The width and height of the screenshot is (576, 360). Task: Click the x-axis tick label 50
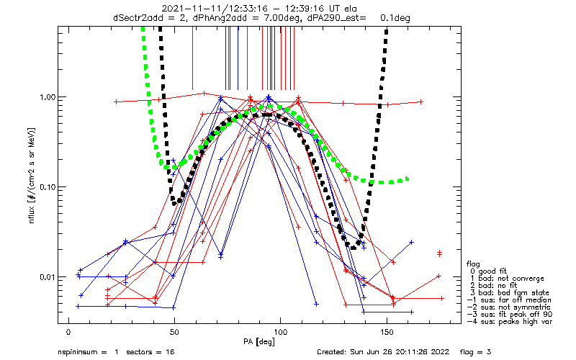pyautogui.click(x=174, y=332)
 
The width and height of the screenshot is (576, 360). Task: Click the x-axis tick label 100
pyautogui.click(x=281, y=332)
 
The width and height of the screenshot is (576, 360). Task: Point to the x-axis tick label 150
pyautogui.click(x=387, y=332)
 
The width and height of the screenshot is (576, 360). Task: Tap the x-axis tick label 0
pyautogui.click(x=68, y=332)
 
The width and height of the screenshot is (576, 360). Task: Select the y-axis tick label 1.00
pyautogui.click(x=47, y=97)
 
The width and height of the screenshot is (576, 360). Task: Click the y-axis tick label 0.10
pyautogui.click(x=47, y=187)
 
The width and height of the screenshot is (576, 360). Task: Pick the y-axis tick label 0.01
pyautogui.click(x=47, y=277)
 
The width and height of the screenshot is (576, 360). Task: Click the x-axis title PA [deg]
pyautogui.click(x=259, y=342)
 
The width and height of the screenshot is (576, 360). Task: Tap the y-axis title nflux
pyautogui.click(x=32, y=215)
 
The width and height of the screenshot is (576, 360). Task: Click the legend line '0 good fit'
pyautogui.click(x=488, y=271)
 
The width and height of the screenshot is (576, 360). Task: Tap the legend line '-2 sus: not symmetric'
pyautogui.click(x=509, y=307)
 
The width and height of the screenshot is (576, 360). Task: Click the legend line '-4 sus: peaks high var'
pyautogui.click(x=510, y=322)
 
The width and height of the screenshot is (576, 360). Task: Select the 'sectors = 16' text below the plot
pyautogui.click(x=150, y=352)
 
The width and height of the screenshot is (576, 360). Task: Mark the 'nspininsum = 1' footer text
pyautogui.click(x=88, y=352)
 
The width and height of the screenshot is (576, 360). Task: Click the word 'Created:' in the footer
pyautogui.click(x=332, y=352)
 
